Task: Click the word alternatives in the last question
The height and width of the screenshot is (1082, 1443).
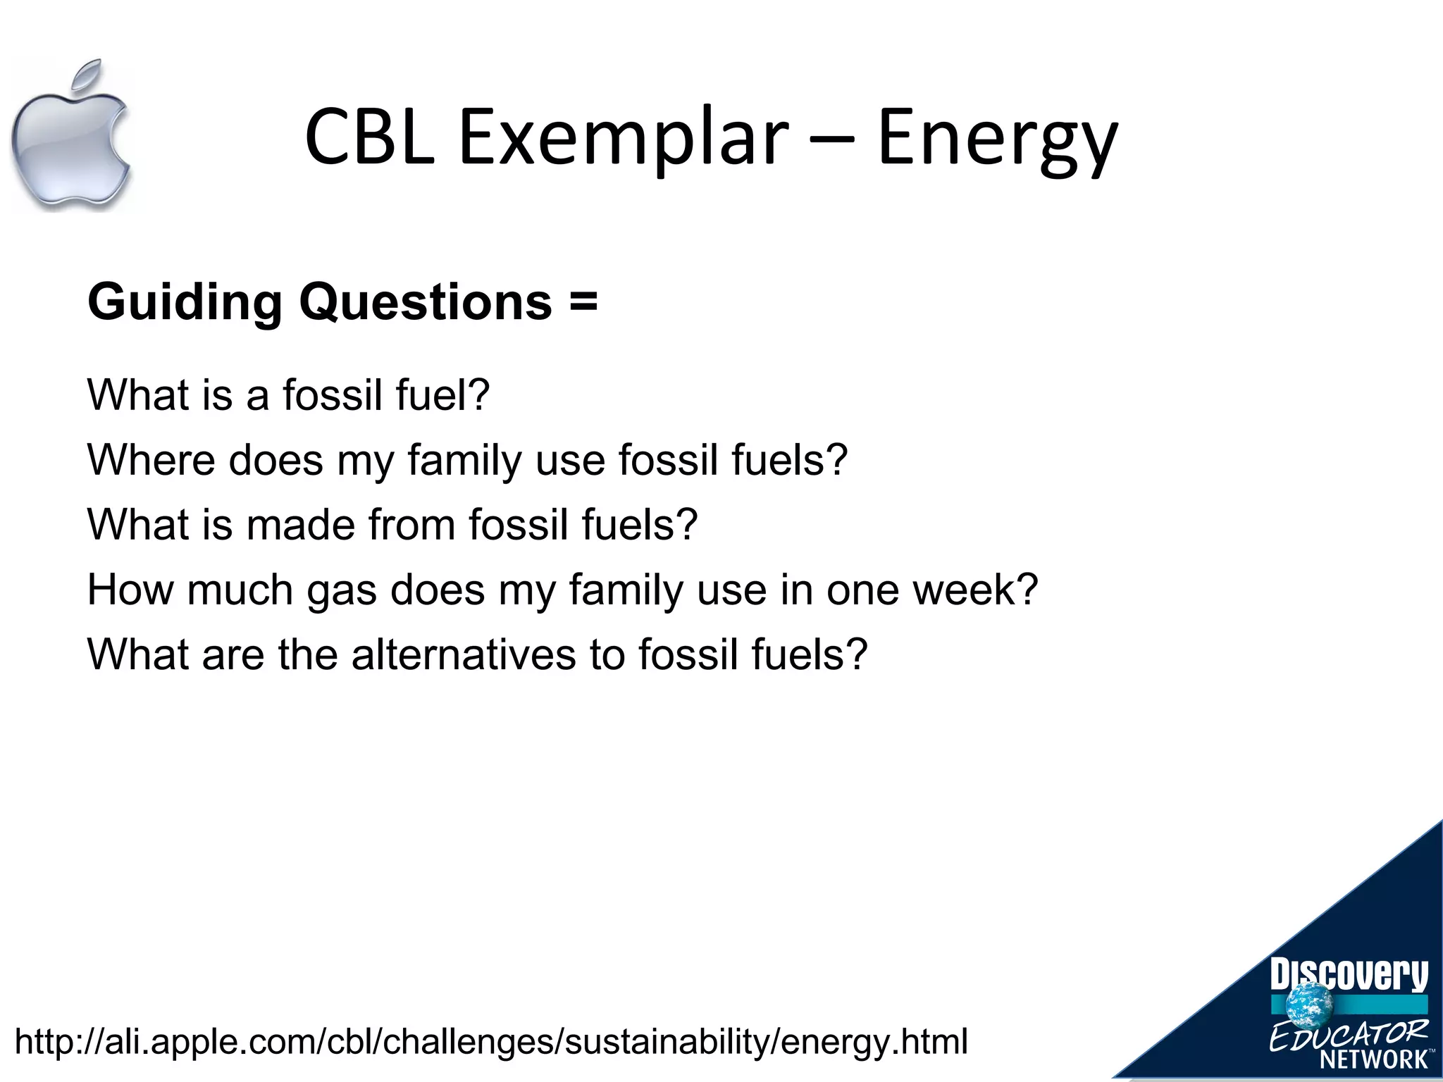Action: (x=464, y=654)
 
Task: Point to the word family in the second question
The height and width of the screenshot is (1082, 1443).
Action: (x=464, y=461)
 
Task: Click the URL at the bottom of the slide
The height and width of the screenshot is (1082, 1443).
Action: (x=491, y=1042)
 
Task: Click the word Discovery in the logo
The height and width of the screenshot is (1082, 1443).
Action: (x=1349, y=974)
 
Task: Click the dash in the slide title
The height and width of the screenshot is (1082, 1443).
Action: (x=832, y=141)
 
